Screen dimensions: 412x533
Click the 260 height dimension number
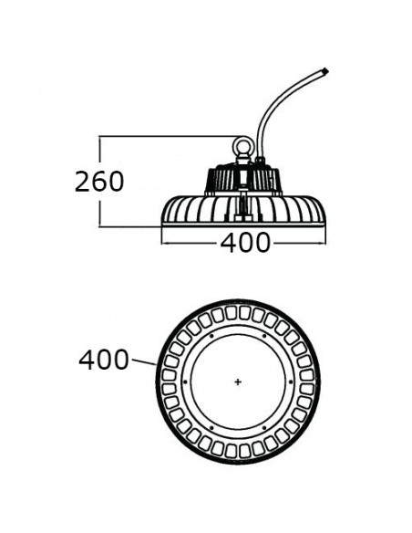click(x=99, y=181)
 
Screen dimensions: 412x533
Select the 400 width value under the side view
click(x=245, y=243)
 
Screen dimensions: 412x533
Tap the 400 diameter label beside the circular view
click(x=104, y=360)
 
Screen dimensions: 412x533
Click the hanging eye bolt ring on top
click(x=242, y=146)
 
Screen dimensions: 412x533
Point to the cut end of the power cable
click(x=325, y=71)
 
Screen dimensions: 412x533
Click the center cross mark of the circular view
click(x=238, y=382)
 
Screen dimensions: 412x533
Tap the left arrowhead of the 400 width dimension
click(x=163, y=243)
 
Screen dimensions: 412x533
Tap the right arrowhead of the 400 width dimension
click(x=323, y=243)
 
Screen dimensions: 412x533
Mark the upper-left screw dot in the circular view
click(x=211, y=336)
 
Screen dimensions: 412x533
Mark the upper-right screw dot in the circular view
click(x=264, y=336)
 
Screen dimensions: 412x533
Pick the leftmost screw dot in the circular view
click(x=185, y=382)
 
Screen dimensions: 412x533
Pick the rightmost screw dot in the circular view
click(x=291, y=382)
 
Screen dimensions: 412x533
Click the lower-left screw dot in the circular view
click(x=211, y=428)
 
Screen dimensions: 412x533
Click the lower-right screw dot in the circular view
click(x=264, y=428)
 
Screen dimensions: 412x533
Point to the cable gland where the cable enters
click(x=260, y=161)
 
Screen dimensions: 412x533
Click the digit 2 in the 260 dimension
click(x=82, y=182)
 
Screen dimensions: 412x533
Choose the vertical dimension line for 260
click(x=100, y=182)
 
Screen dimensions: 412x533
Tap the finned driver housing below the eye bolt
click(x=243, y=180)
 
